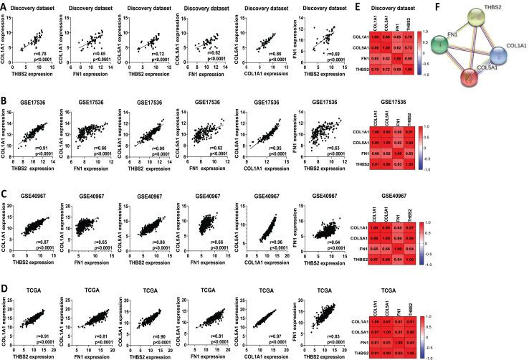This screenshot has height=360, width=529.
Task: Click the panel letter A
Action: point(4,5)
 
